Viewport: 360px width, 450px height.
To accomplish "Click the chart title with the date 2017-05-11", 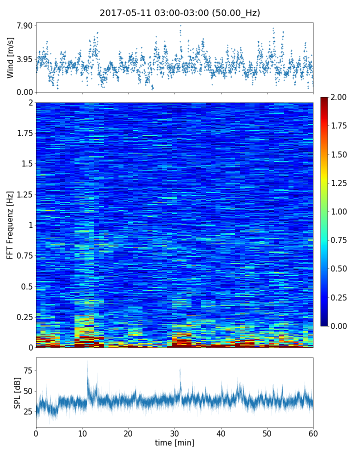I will (x=179, y=13).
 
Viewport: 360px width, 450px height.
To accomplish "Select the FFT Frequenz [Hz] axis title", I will (x=10, y=224).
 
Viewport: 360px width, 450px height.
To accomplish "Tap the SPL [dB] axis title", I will (x=17, y=392).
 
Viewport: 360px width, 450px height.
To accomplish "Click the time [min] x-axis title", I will (x=174, y=442).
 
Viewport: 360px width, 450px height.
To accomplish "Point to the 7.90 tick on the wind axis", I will (x=25, y=25).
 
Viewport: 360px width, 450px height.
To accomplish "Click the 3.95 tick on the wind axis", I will (x=25, y=59).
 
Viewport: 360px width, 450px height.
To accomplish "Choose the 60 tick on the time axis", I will (x=313, y=432).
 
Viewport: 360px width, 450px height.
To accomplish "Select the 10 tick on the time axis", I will (x=82, y=432).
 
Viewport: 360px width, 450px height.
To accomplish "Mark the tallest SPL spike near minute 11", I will (x=87, y=361).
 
